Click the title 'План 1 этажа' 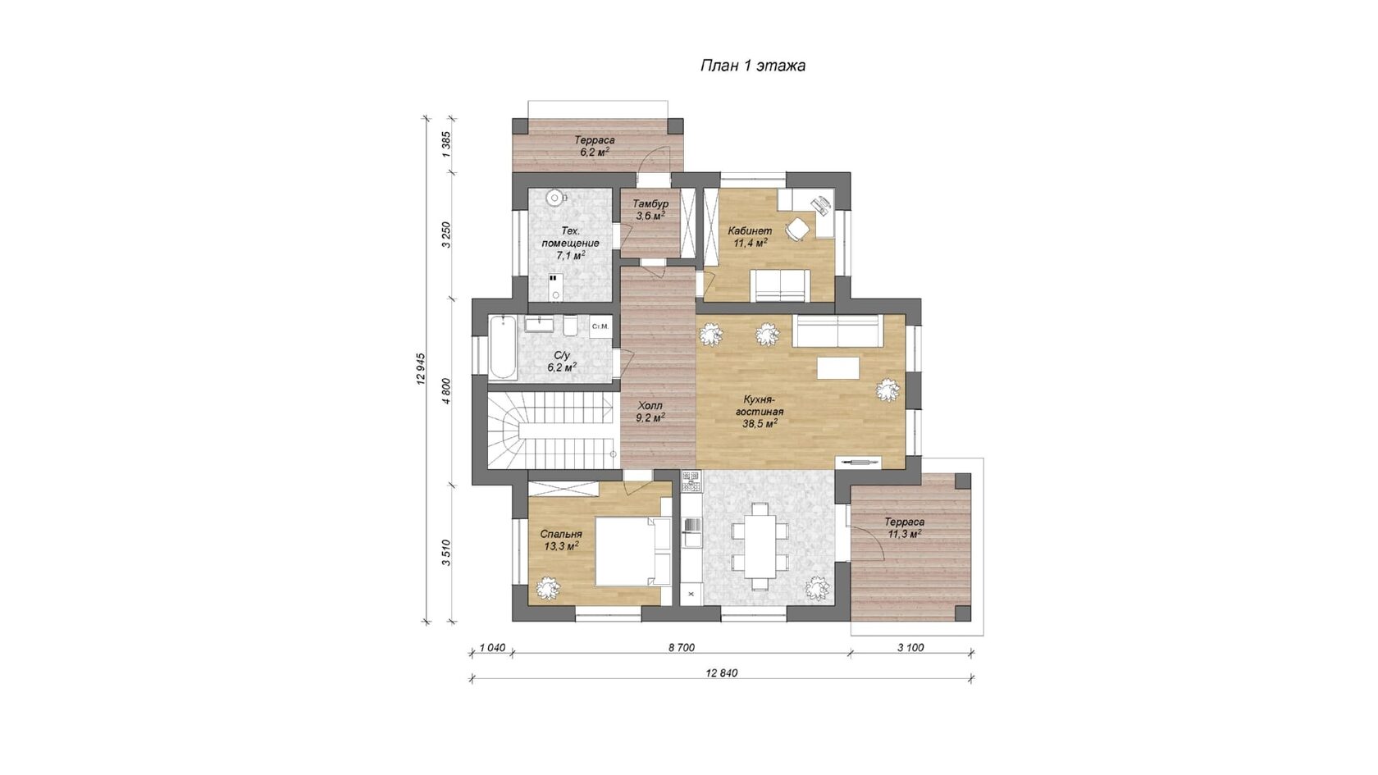753,66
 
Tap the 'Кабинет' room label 750,230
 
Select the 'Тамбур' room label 650,203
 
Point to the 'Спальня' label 561,534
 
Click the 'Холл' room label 650,406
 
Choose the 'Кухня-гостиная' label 760,406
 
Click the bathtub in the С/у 503,348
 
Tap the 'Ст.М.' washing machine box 600,326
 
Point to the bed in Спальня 632,551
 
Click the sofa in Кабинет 780,285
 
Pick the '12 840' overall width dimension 722,672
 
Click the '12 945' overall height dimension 422,369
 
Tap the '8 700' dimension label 681,648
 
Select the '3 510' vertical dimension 446,553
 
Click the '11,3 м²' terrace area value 904,535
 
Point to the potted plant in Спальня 548,587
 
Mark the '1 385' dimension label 446,144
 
